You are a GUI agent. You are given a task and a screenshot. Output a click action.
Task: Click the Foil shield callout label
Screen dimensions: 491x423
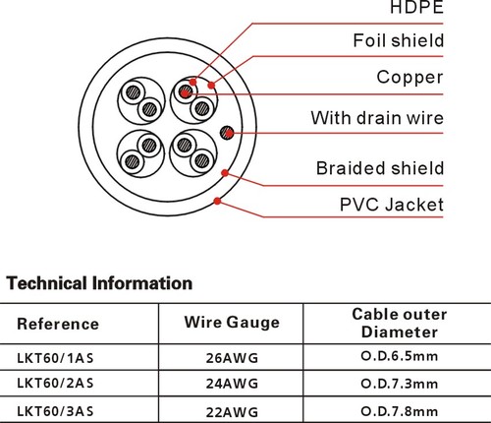399,40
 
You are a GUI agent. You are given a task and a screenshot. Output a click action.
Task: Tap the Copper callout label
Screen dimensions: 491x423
410,78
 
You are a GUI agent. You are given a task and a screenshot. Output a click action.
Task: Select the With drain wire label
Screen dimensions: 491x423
377,118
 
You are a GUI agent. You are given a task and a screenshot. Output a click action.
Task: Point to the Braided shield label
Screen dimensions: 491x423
380,168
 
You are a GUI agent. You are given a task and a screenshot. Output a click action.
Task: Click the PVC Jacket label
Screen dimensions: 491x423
392,205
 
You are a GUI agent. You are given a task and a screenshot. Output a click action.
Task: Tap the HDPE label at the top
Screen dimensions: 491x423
416,7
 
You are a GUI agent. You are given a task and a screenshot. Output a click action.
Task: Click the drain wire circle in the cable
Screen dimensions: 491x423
227,133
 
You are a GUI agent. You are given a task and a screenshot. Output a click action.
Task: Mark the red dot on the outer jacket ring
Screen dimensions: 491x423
217,201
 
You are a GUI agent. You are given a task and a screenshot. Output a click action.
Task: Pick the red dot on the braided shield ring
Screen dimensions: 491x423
225,173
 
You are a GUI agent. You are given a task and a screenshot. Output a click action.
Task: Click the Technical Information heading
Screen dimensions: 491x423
99,283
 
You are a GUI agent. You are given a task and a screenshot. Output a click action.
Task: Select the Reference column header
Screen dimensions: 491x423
58,324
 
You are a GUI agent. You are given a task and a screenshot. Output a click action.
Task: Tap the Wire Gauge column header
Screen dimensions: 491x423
232,323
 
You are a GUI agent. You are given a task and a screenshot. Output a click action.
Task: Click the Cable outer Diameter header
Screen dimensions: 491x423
400,323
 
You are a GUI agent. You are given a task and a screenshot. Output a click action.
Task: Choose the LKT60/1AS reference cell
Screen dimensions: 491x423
55,358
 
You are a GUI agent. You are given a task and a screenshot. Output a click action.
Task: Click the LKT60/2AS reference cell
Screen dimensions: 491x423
55,383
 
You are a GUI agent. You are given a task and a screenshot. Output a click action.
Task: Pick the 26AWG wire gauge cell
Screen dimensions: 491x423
232,358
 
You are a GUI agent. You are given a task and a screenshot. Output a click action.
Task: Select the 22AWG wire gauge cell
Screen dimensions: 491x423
232,412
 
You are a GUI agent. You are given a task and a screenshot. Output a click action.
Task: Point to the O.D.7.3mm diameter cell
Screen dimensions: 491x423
400,384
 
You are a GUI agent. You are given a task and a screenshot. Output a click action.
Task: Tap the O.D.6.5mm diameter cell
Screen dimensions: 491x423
400,356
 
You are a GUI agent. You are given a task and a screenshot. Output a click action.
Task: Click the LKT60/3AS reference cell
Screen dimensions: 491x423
55,411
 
